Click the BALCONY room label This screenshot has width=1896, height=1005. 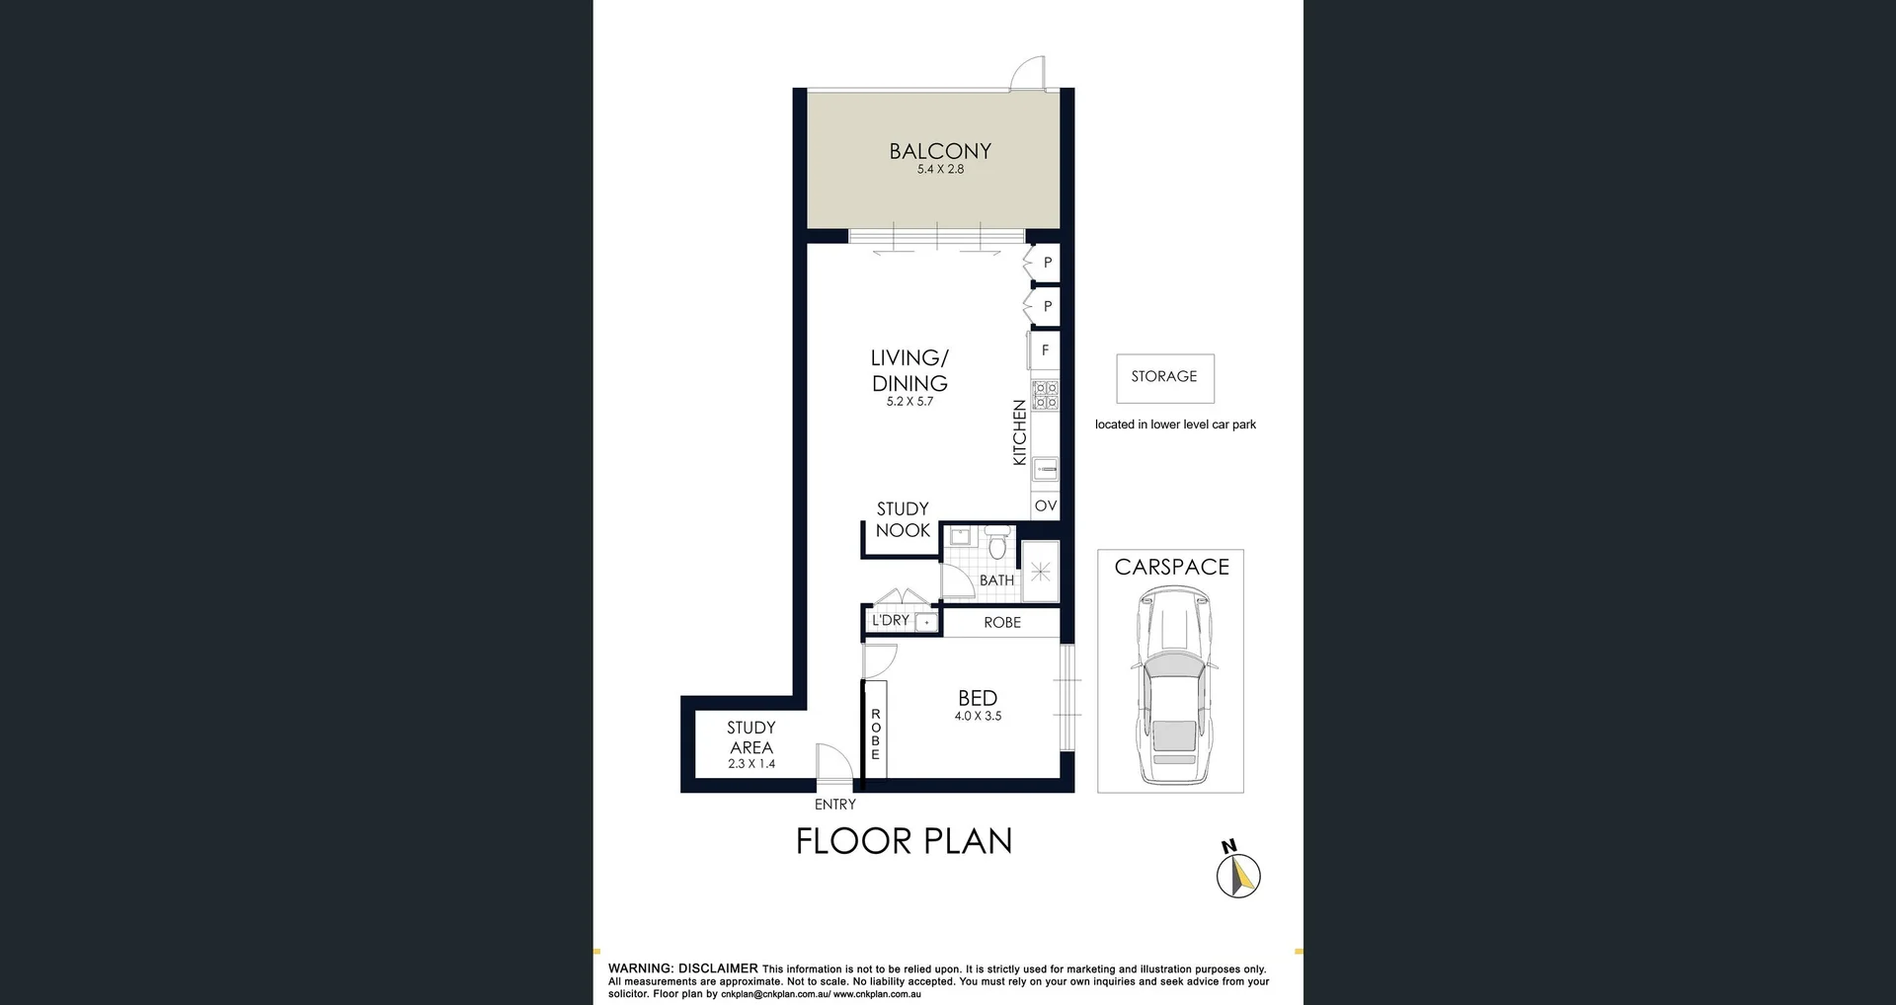point(939,151)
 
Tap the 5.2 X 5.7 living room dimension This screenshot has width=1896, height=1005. point(909,402)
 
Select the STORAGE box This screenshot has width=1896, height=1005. point(1164,377)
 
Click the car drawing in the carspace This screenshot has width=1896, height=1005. point(1171,684)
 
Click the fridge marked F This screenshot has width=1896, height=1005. point(1045,350)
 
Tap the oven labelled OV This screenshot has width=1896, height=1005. point(1045,506)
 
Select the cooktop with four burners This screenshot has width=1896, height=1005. point(1045,395)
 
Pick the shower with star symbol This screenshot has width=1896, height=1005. point(1040,572)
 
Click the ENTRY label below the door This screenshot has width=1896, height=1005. point(834,805)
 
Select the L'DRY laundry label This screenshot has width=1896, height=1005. point(890,621)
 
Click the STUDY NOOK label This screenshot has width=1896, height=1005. point(903,519)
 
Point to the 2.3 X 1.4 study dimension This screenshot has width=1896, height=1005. point(751,764)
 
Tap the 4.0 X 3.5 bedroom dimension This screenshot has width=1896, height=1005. point(978,717)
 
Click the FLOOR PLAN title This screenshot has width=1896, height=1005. point(904,841)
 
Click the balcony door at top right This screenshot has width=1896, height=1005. point(1029,72)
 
